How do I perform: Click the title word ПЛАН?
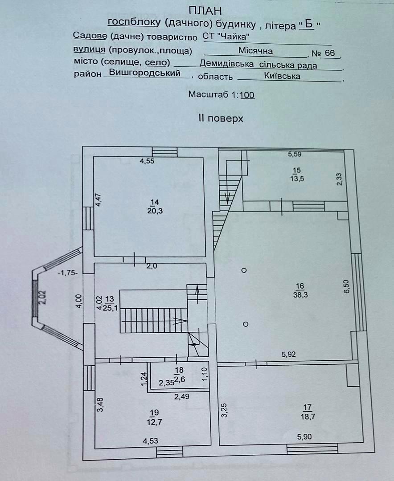(205, 10)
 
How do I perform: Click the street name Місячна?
(255, 51)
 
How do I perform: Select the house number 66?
(330, 53)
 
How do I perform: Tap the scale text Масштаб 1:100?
(222, 94)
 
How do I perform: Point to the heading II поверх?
(221, 118)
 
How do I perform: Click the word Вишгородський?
(144, 73)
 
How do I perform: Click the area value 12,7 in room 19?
(155, 420)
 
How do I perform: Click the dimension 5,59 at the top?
(295, 155)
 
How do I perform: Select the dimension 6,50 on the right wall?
(346, 286)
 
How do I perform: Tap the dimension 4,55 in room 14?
(147, 161)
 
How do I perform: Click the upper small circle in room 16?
(243, 270)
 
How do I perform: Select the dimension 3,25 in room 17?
(225, 410)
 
